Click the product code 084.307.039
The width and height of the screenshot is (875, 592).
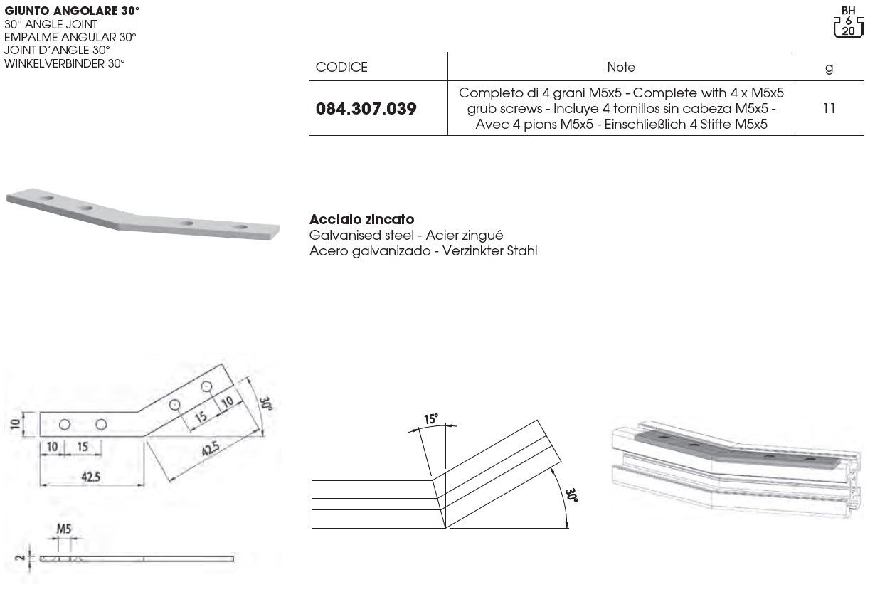pos(366,109)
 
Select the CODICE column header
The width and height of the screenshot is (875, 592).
pos(341,68)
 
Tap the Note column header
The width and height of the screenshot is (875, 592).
pos(620,68)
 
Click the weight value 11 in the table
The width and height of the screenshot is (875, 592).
pos(828,108)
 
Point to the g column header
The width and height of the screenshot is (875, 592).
pos(828,68)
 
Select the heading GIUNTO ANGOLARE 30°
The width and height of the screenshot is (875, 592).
pos(72,11)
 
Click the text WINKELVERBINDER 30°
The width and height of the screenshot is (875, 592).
pos(64,63)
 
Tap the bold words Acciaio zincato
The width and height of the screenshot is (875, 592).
pos(361,220)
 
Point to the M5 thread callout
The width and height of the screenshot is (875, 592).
pos(64,529)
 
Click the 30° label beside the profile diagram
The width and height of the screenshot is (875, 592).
pos(571,495)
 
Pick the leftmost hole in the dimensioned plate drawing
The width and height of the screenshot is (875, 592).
pos(65,424)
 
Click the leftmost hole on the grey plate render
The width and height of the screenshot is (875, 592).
pos(48,196)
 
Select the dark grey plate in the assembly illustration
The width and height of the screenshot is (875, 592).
pos(740,453)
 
